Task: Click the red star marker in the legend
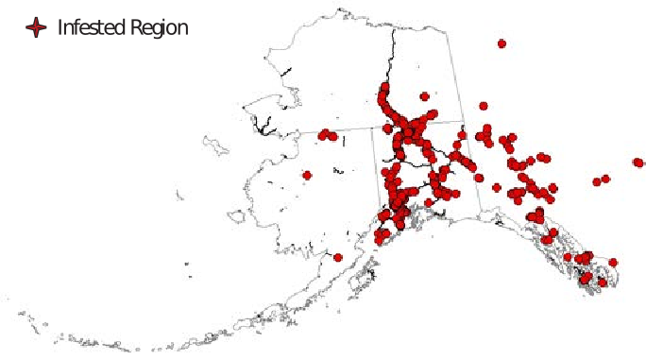coord(36,27)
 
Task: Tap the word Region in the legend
coord(160,27)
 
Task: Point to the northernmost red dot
coord(501,43)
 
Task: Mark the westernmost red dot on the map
coord(307,175)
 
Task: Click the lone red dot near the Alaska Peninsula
coord(337,256)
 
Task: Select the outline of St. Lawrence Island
coord(216,146)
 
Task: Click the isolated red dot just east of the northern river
coord(424,95)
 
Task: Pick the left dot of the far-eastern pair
coord(597,181)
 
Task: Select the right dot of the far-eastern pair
coord(605,178)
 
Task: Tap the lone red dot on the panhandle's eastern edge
coord(613,262)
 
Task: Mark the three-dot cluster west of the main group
coord(328,135)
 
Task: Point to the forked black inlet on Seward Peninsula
coord(262,122)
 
